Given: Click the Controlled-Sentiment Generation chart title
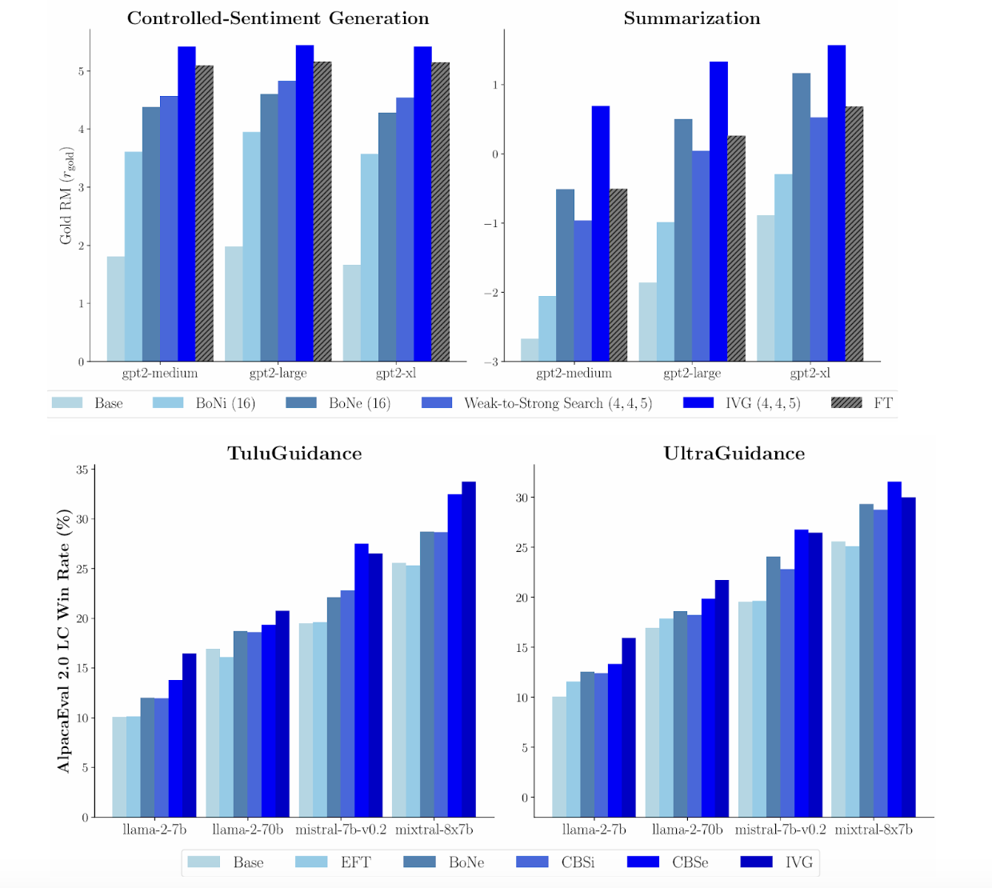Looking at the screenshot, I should [278, 18].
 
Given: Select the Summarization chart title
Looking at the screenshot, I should [692, 18].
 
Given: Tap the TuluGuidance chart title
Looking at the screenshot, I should [294, 454].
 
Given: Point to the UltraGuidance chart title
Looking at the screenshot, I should [734, 454].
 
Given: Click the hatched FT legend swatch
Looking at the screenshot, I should [846, 403].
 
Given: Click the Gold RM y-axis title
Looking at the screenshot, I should [66, 196].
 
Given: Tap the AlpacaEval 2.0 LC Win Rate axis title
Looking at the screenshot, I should [64, 640].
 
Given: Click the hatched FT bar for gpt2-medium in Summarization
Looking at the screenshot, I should [618, 275].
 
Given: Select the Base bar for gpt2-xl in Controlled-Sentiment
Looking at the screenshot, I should [351, 313].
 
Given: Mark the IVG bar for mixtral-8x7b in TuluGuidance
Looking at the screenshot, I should [469, 649].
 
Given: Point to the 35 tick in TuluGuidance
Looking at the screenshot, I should [82, 470].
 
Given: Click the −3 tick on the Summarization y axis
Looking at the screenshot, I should [490, 362].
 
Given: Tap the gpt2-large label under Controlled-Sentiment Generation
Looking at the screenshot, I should [278, 374].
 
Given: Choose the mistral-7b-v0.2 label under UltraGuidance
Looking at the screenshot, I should [780, 830].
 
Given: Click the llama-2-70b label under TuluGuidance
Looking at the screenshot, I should [247, 830].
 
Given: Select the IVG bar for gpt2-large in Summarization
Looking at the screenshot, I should [718, 211].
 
